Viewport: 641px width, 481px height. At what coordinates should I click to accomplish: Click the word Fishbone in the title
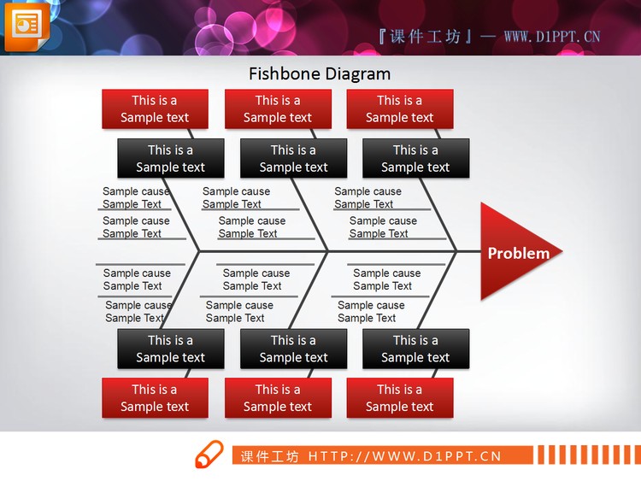pos(281,74)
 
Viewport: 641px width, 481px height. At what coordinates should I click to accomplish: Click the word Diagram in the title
pos(355,75)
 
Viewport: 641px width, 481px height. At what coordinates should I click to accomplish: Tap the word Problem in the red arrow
pos(519,254)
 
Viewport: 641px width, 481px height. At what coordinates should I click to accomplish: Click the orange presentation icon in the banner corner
pos(26,26)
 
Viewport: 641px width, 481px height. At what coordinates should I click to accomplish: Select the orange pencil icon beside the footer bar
pos(209,454)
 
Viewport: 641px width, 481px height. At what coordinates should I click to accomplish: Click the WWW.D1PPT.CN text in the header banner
pos(552,38)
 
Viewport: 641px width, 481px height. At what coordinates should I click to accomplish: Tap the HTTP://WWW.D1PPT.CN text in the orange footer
pos(405,456)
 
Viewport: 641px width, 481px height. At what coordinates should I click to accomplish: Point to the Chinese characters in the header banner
pos(425,38)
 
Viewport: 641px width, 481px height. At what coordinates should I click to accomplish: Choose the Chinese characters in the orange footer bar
pos(269,456)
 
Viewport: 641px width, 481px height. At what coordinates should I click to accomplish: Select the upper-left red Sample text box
pos(155,109)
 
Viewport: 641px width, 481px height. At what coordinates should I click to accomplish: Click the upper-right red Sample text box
pos(400,109)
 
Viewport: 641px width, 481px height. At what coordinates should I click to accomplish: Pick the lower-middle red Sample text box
pos(278,397)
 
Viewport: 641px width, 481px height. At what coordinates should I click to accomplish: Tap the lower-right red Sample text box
pos(400,397)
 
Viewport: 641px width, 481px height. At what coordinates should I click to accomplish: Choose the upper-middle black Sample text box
pos(293,158)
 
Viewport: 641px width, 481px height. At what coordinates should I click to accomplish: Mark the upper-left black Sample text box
pos(170,158)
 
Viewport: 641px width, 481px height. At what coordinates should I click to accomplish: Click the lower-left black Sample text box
pos(170,349)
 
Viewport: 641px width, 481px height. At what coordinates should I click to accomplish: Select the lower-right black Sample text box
pos(415,349)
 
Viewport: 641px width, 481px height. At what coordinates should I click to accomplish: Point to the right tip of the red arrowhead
pos(562,251)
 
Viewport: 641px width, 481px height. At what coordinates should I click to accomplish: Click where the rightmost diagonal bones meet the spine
pos(456,251)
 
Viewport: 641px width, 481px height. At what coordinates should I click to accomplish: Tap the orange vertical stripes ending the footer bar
pos(589,455)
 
